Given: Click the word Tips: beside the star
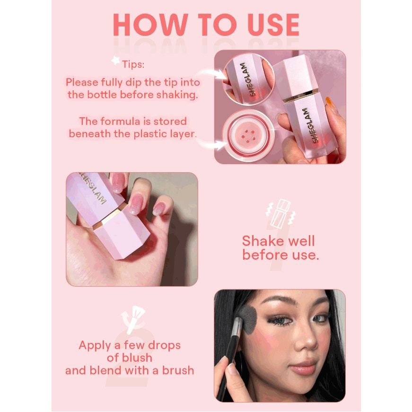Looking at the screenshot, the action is point(133,64).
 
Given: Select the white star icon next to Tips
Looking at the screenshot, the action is point(115,61).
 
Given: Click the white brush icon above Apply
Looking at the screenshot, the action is point(133,320).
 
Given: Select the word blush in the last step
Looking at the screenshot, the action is point(137,358).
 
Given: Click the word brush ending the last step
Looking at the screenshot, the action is point(178,370).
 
